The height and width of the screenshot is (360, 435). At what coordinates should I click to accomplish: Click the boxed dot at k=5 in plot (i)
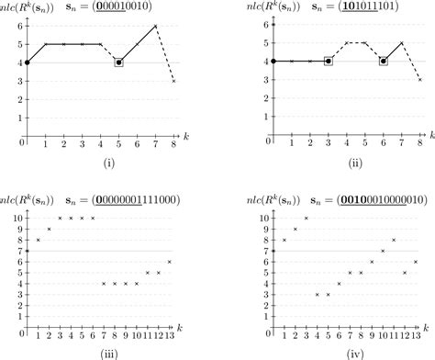click(118, 62)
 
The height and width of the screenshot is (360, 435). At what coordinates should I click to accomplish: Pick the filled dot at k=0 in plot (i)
click(28, 62)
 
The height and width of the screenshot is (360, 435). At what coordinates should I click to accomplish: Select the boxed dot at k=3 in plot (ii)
click(329, 62)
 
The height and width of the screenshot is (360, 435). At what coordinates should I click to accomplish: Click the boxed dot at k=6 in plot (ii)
click(384, 62)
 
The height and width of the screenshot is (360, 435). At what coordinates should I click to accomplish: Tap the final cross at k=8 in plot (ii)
click(419, 81)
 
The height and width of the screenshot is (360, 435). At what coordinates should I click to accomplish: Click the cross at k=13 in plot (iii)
click(169, 262)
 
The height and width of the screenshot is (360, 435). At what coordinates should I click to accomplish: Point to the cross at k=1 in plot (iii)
click(39, 240)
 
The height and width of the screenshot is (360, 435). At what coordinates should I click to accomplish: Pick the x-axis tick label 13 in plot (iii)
click(169, 326)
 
